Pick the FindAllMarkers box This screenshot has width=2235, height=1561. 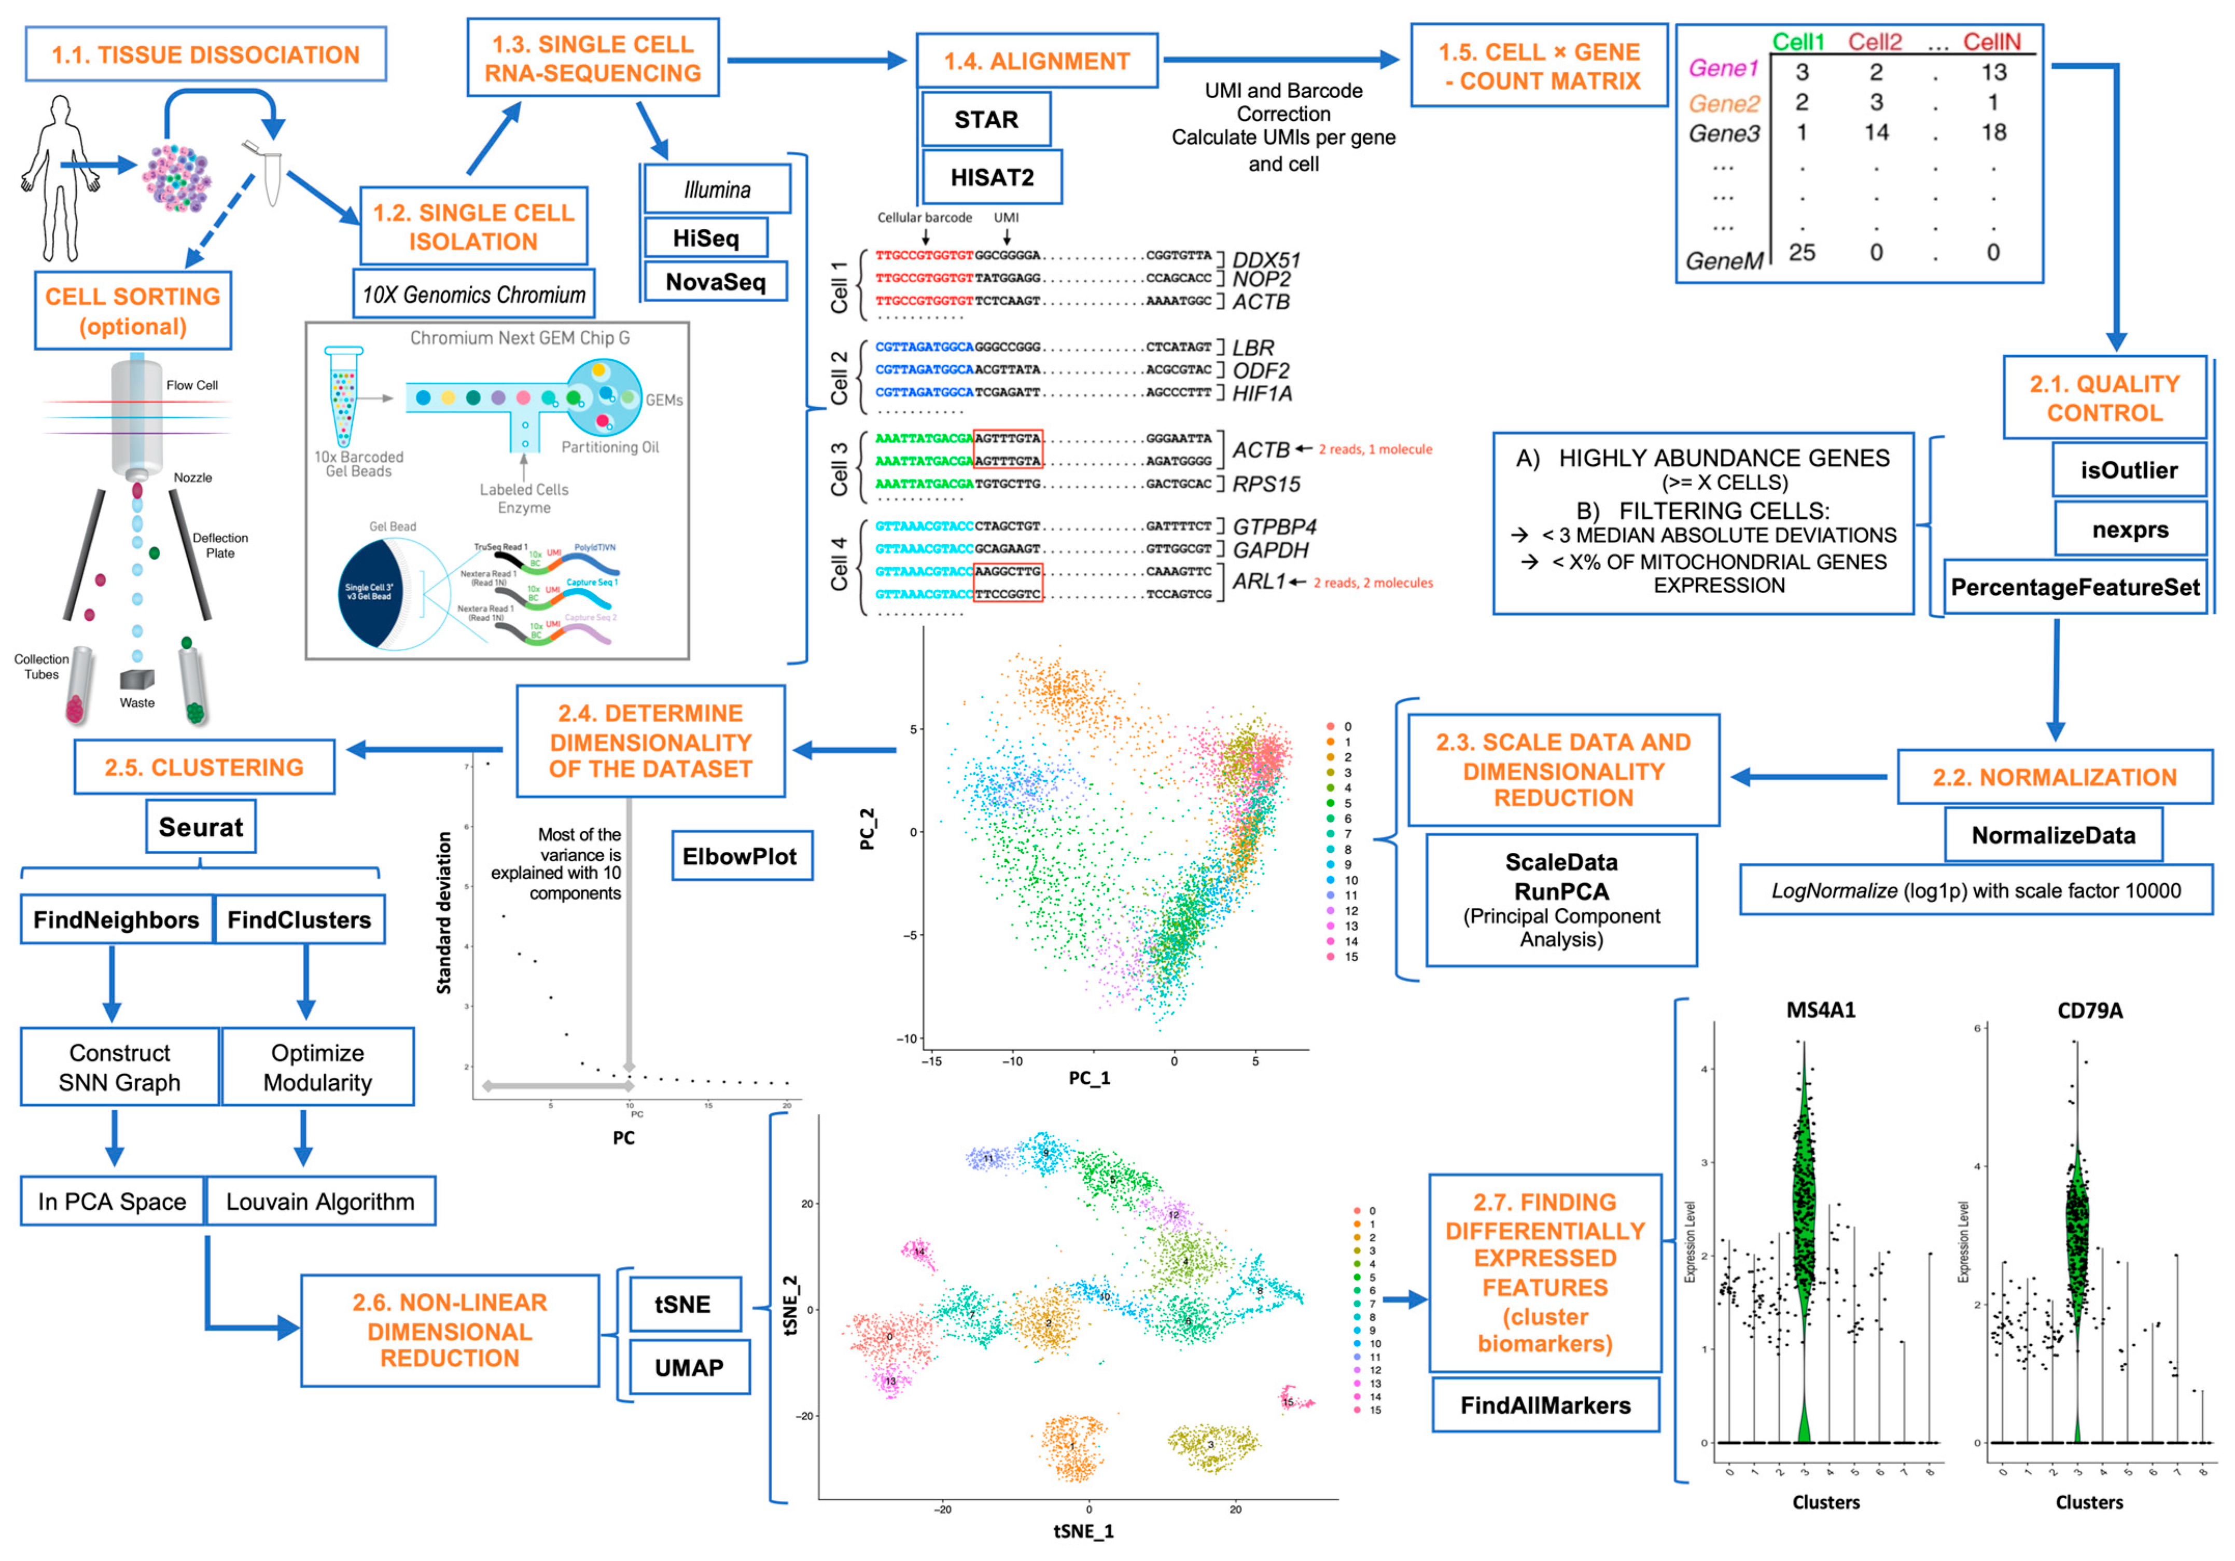(1545, 1405)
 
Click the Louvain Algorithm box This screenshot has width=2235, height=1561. (320, 1201)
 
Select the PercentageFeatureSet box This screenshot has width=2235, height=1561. (2074, 587)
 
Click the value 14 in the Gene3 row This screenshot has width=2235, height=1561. (1876, 132)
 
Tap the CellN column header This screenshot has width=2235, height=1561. (1992, 42)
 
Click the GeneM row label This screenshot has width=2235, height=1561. (1724, 261)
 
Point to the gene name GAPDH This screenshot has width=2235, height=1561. (1270, 550)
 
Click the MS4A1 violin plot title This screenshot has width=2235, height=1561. (1820, 1010)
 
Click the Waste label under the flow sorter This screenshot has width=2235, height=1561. (137, 702)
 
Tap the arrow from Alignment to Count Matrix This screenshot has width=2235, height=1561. (1280, 60)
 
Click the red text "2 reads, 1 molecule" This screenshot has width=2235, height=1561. (1375, 449)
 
